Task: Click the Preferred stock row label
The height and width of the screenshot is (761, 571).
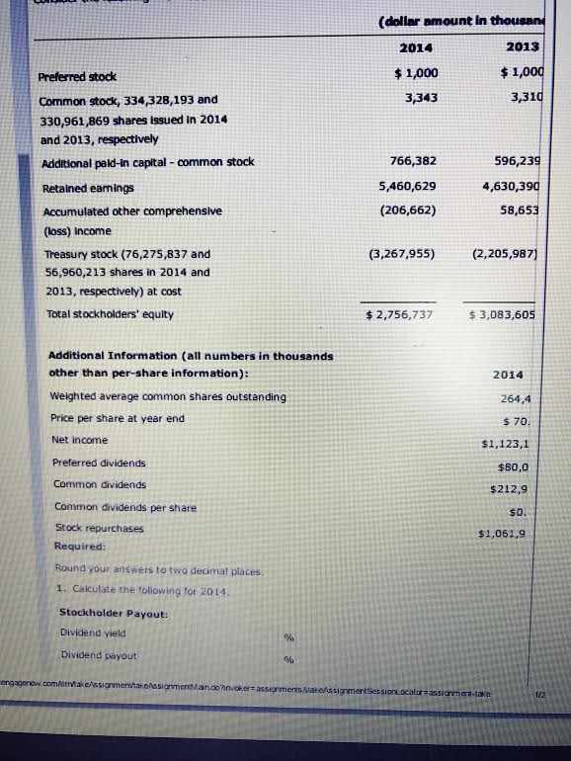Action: [x=77, y=76]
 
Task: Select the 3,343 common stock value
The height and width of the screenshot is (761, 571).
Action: [x=421, y=97]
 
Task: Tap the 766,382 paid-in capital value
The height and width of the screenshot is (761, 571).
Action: [x=413, y=160]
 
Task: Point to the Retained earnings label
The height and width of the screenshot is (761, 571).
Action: [x=88, y=188]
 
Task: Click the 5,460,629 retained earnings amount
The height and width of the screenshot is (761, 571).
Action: [x=408, y=186]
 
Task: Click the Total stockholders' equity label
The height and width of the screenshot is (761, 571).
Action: [x=110, y=314]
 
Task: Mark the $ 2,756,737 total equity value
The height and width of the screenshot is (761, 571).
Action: [x=399, y=314]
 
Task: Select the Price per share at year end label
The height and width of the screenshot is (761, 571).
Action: [x=117, y=418]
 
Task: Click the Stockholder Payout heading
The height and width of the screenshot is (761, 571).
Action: [x=114, y=613]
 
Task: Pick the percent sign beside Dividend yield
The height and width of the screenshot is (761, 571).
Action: [x=289, y=637]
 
